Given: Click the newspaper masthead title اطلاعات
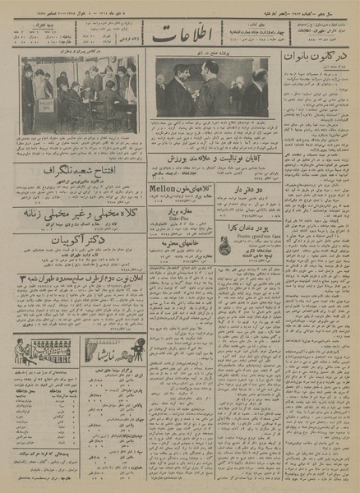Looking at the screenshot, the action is pos(176,35).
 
